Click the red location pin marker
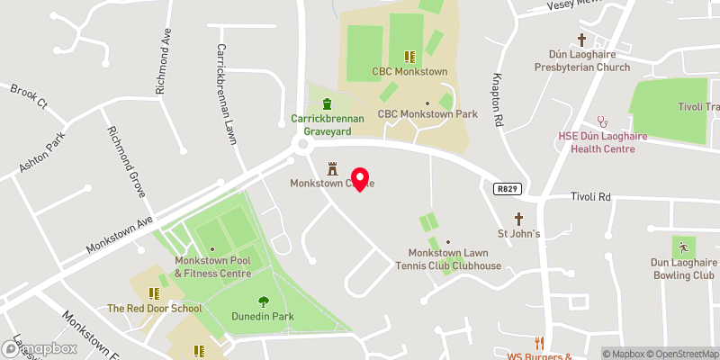pos(361,178)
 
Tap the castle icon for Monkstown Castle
pos(332,168)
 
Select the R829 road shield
pos(507,189)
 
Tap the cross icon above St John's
pos(518,219)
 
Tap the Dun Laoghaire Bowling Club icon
pos(682,246)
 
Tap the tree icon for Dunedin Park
pos(264,301)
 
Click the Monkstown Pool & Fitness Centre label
pos(212,266)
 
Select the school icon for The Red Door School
pos(154,293)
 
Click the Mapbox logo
pos(38,348)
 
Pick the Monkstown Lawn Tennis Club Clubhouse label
pos(454,259)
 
